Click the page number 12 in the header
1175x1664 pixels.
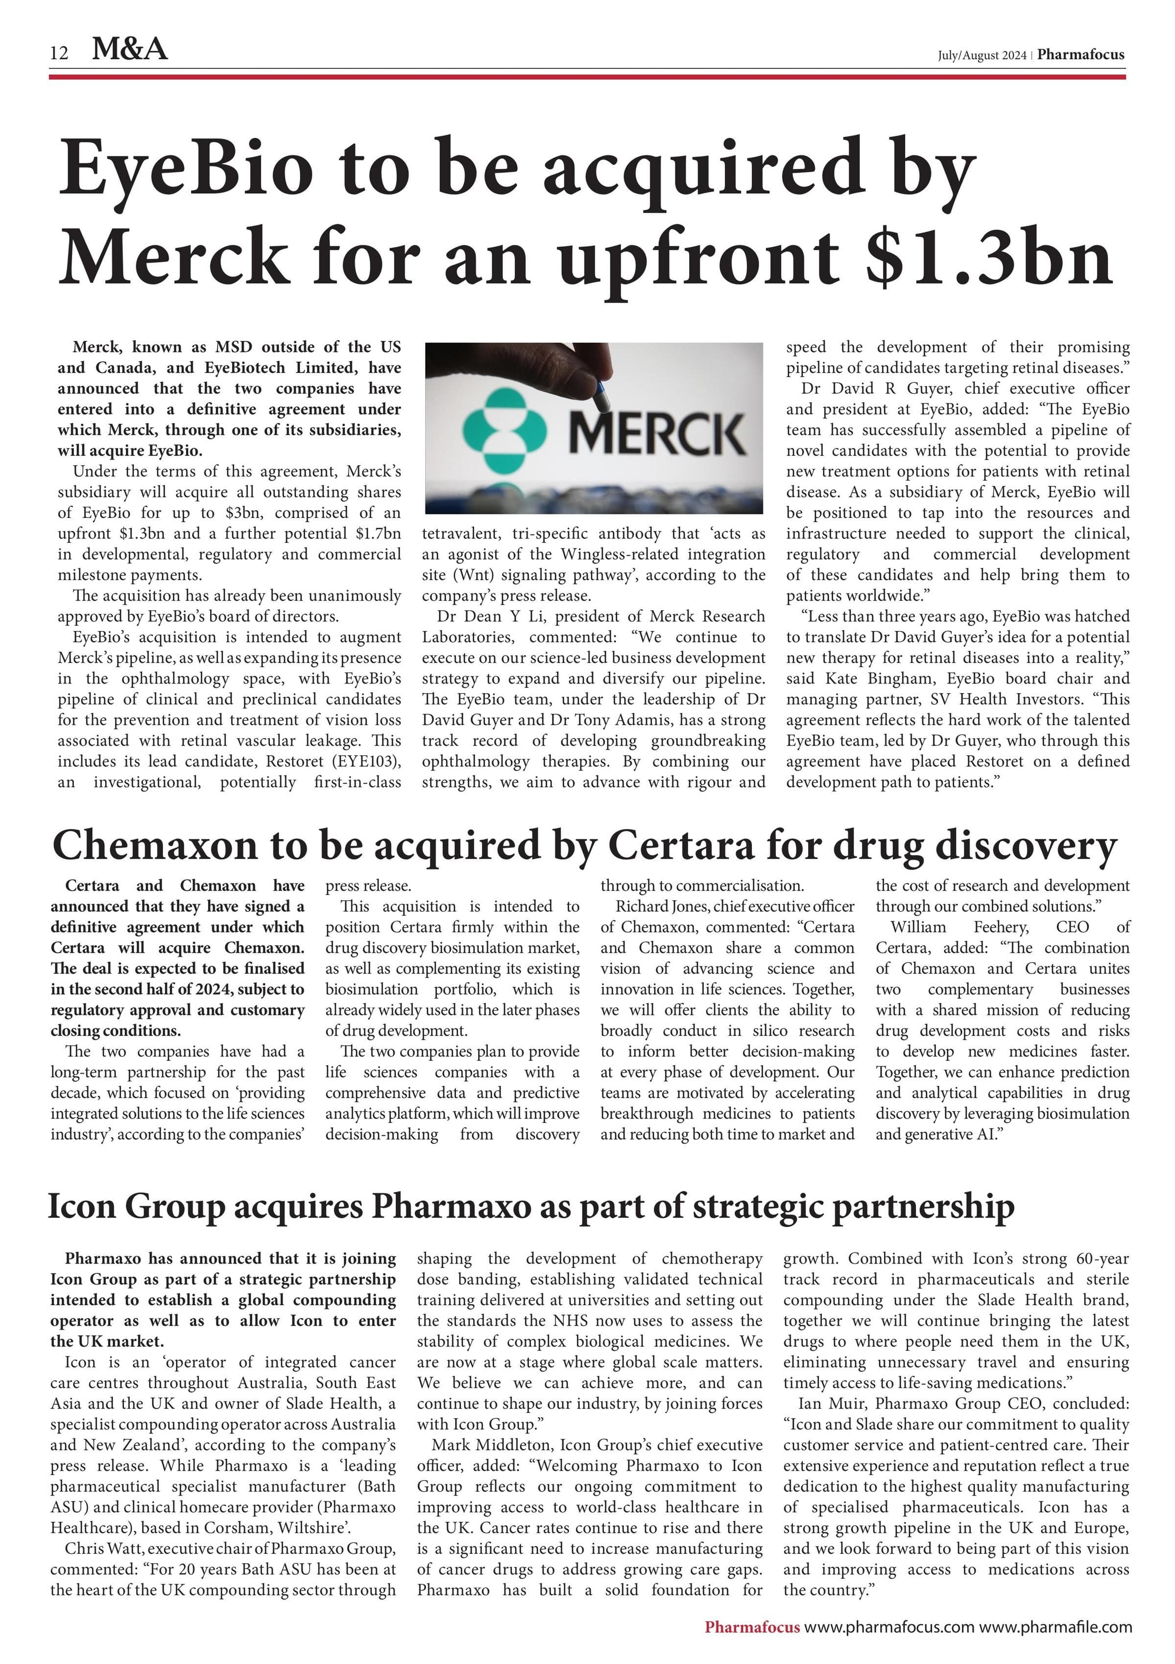59,53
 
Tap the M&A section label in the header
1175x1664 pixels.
130,49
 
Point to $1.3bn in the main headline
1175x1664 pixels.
989,258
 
